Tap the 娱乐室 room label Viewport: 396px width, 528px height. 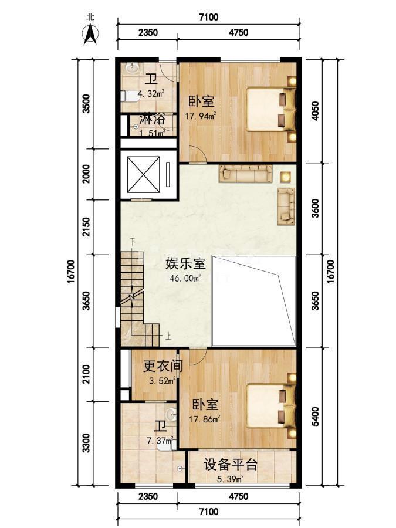(185, 263)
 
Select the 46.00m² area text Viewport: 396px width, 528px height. (185, 278)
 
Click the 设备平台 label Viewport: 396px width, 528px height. (231, 465)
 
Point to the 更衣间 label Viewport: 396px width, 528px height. (163, 365)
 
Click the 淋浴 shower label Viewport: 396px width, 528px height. (152, 119)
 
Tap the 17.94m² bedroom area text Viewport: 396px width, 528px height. (201, 116)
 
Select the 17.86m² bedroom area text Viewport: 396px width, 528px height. (204, 419)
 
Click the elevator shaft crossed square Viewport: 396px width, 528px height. (144, 175)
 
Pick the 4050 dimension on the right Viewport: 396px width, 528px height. (315, 111)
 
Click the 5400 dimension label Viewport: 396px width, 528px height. (315, 417)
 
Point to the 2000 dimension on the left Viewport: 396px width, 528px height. (86, 174)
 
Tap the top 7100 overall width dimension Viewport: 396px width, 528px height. (209, 17)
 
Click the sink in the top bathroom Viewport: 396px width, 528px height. (133, 68)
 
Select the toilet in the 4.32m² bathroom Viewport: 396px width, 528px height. (130, 96)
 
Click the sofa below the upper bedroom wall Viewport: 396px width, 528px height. (245, 174)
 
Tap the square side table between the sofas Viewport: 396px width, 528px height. (286, 177)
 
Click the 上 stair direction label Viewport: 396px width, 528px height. (168, 336)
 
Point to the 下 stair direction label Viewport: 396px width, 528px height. (133, 241)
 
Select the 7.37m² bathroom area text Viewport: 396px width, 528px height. (160, 441)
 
